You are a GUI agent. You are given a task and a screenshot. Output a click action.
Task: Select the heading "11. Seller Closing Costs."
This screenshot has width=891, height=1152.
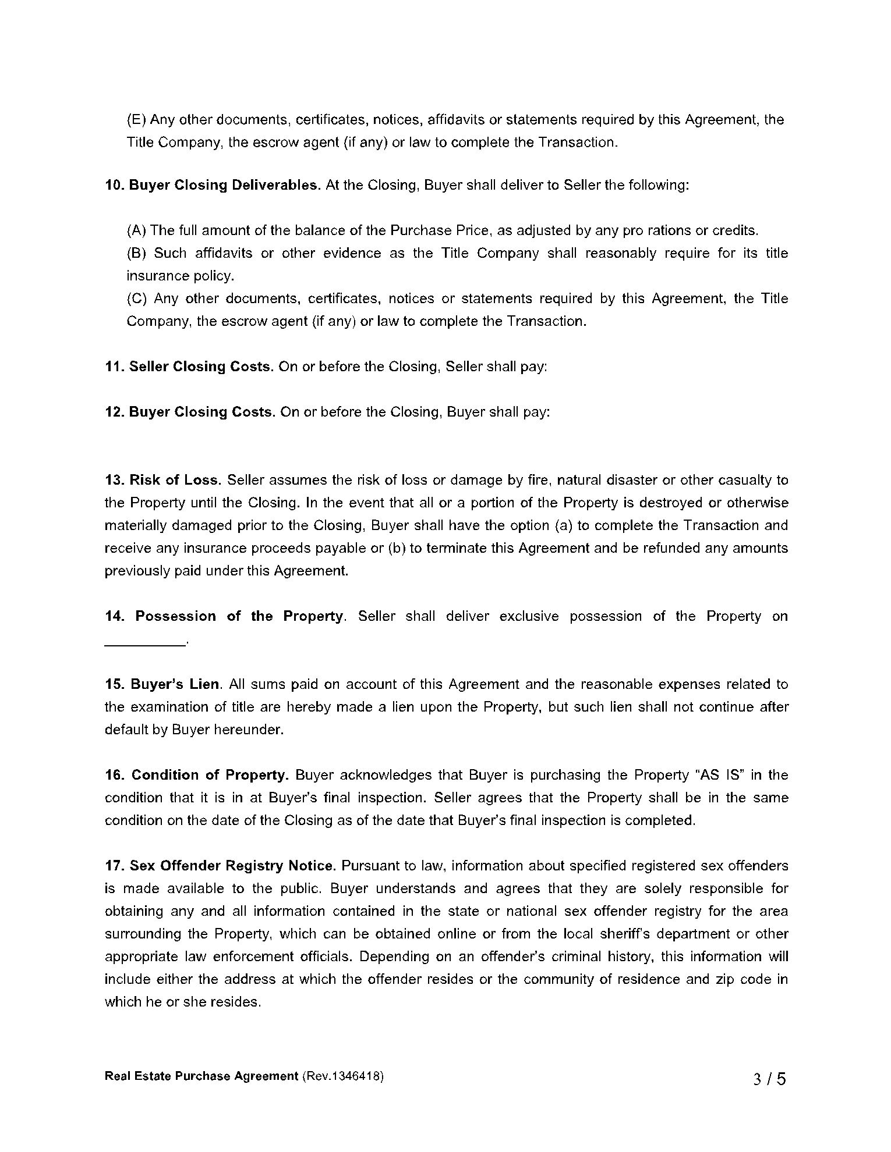[189, 367]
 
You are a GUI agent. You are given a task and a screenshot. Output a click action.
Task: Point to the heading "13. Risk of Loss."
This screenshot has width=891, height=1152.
[163, 480]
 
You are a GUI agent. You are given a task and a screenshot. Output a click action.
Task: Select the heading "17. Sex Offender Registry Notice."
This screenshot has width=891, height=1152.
[220, 866]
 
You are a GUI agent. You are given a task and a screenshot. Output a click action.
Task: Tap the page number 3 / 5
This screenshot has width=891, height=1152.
[769, 1079]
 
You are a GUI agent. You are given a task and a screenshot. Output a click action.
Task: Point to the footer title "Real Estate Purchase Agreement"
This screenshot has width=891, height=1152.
[201, 1076]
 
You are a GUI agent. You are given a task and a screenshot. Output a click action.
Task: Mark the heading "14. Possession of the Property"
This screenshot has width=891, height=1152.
[225, 616]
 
